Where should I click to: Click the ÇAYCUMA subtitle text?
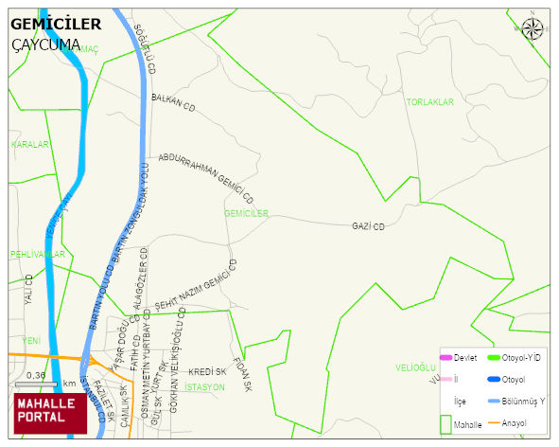coord(46,44)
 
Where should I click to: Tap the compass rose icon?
coord(533,28)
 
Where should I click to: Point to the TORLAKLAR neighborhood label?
coord(430,101)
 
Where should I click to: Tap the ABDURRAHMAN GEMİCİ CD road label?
coord(206,177)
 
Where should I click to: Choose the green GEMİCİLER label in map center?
coord(248,214)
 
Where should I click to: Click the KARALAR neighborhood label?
coord(29,145)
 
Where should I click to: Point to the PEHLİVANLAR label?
coord(38,255)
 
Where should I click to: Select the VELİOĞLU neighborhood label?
coord(413,367)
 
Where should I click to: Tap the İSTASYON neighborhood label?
coord(204,387)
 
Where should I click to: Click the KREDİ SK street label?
coord(207,372)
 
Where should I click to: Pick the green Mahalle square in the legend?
coord(445,425)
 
